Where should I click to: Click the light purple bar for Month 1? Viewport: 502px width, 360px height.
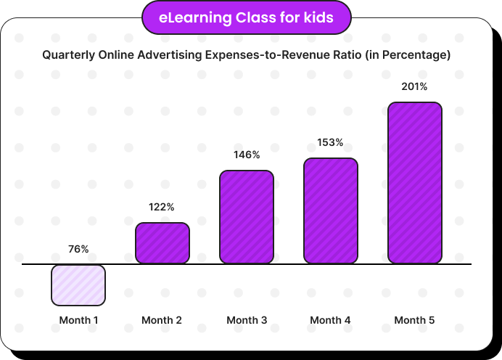pyautogui.click(x=78, y=285)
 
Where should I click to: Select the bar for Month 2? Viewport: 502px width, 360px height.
pyautogui.click(x=162, y=243)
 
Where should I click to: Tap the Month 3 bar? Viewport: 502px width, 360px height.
pyautogui.click(x=247, y=217)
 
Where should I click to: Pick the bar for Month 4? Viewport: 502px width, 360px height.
pyautogui.click(x=331, y=210)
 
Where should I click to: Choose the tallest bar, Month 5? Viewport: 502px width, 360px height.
pyautogui.click(x=415, y=183)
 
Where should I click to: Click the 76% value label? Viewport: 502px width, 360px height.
pyautogui.click(x=78, y=249)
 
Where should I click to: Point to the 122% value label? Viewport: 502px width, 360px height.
pyautogui.click(x=162, y=207)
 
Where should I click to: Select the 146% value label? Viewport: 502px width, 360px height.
pyautogui.click(x=247, y=155)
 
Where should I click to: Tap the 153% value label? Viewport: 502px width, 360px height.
pyautogui.click(x=330, y=142)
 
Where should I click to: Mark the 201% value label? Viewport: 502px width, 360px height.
pyautogui.click(x=415, y=86)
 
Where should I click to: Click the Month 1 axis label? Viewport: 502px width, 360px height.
pyautogui.click(x=79, y=320)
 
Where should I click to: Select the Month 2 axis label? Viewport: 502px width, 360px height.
pyautogui.click(x=162, y=320)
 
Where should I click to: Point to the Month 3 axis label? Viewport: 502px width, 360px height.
pyautogui.click(x=247, y=320)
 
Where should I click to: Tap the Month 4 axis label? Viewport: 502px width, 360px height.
pyautogui.click(x=330, y=320)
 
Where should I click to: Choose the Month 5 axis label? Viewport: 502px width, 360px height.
pyautogui.click(x=415, y=320)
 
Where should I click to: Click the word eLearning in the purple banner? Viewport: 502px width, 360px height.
pyautogui.click(x=195, y=18)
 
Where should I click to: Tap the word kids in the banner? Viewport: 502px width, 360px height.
pyautogui.click(x=318, y=17)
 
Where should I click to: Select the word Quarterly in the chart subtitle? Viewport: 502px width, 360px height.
pyautogui.click(x=68, y=54)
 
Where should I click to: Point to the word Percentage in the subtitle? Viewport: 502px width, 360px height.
pyautogui.click(x=416, y=54)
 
